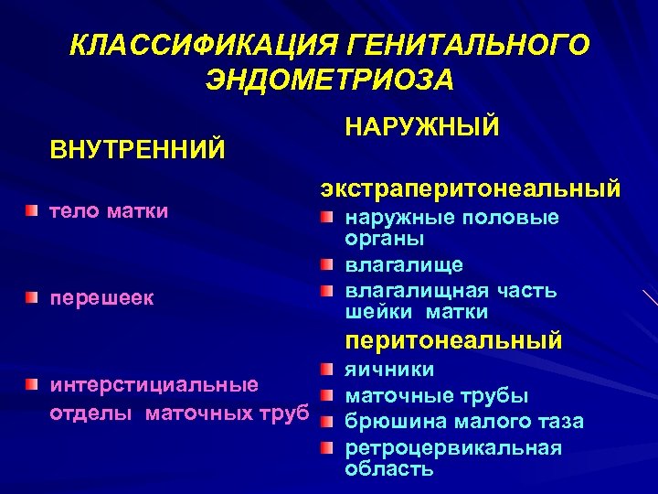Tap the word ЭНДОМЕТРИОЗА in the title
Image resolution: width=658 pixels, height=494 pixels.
[x=329, y=81]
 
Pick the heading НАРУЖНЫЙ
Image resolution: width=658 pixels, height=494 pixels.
[x=421, y=126]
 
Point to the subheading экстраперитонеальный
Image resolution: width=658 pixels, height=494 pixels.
[x=470, y=188]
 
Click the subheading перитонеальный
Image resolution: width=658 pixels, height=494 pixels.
[x=452, y=341]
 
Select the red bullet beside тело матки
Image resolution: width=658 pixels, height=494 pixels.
[x=33, y=212]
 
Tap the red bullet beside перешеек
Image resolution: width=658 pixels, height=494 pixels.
[x=33, y=298]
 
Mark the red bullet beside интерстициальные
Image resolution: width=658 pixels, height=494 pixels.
[x=33, y=383]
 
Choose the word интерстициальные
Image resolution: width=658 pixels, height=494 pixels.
[x=153, y=384]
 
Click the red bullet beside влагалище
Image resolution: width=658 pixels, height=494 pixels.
[x=328, y=264]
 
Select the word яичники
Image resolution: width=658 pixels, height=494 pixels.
[x=389, y=370]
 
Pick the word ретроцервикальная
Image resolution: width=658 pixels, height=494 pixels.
[x=452, y=448]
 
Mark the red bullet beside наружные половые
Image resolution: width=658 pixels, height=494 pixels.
[x=328, y=218]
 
